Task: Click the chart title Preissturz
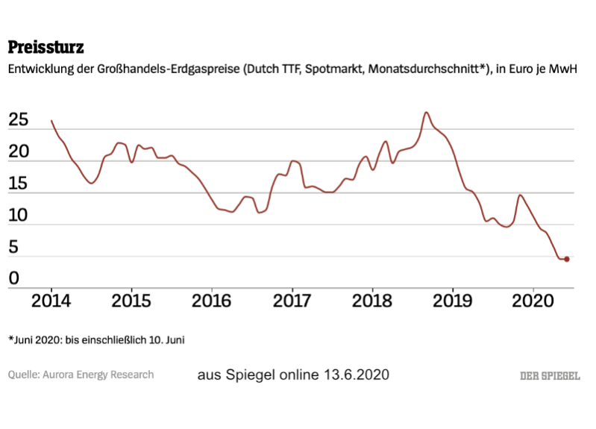[46, 48]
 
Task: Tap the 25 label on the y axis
[20, 120]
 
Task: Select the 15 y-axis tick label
[20, 184]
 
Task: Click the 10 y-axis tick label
[20, 216]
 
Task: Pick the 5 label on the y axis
[14, 247]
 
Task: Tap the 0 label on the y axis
[14, 278]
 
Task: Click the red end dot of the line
[567, 259]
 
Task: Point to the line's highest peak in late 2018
[426, 113]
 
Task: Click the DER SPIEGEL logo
[549, 375]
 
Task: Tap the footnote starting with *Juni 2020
[96, 339]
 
